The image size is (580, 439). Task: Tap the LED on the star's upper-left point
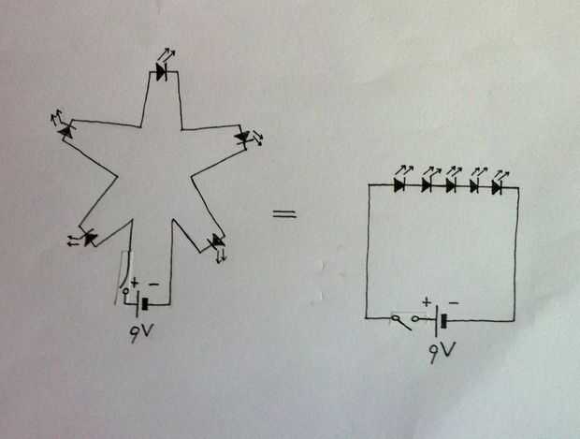(66, 134)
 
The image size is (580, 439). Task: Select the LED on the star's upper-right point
(243, 139)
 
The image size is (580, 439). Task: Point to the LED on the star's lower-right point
(217, 243)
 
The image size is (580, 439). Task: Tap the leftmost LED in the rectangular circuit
(399, 185)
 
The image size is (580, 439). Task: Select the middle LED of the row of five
(450, 185)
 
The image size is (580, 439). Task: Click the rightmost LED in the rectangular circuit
(496, 185)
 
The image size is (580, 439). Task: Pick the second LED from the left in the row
(427, 185)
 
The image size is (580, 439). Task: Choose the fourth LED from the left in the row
(473, 185)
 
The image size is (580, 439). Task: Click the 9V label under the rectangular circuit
(442, 352)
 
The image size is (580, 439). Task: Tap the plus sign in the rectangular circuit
(427, 302)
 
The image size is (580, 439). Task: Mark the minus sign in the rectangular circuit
(454, 302)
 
